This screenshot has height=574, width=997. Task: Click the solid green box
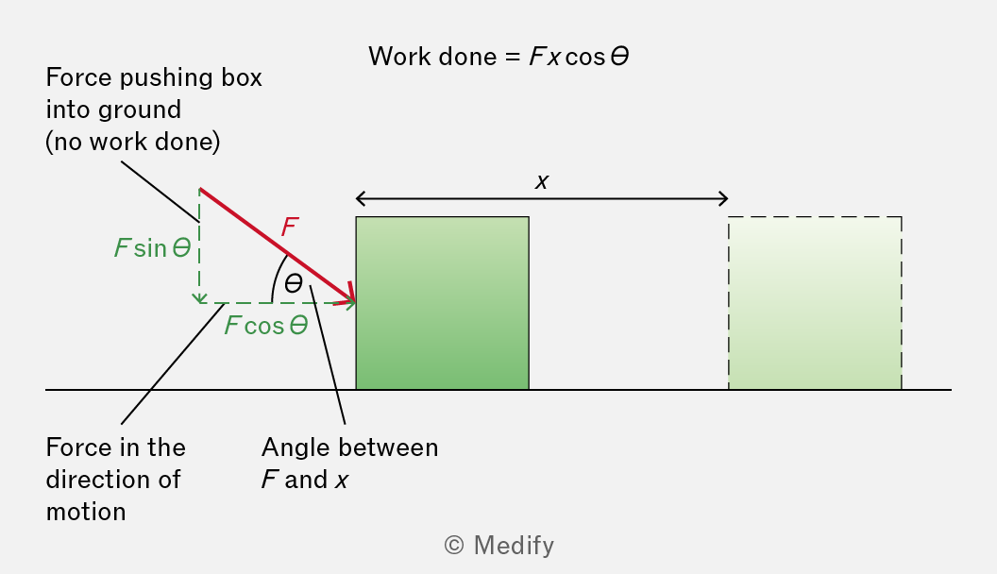(442, 303)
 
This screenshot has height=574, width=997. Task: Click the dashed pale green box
(815, 303)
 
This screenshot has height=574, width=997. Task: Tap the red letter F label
(290, 227)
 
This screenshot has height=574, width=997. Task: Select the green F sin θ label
(153, 248)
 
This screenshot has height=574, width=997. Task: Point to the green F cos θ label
(266, 326)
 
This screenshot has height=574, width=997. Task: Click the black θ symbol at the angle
(293, 283)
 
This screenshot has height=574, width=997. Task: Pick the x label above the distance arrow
(542, 182)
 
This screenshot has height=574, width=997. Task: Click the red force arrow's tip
(354, 302)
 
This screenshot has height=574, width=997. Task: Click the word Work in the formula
(400, 57)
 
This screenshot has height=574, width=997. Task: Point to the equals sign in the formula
(513, 58)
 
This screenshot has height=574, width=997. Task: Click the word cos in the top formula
(585, 58)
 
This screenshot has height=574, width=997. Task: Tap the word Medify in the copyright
(514, 546)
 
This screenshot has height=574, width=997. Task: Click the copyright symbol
(454, 546)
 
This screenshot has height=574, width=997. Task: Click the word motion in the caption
(86, 512)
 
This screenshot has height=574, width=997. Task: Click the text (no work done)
(133, 142)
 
